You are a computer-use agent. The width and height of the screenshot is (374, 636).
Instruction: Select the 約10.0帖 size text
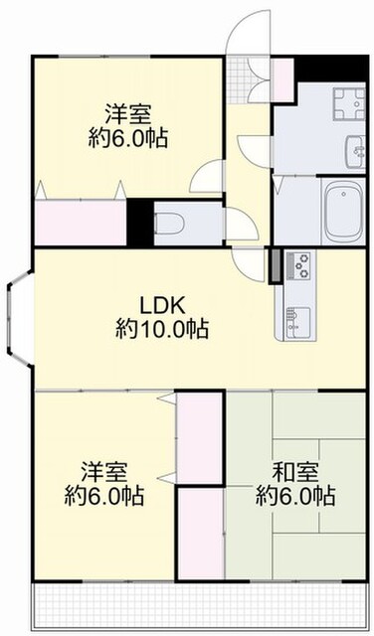(162, 328)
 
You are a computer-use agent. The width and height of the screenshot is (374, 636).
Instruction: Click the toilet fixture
(170, 223)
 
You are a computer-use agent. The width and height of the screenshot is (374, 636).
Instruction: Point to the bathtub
(343, 211)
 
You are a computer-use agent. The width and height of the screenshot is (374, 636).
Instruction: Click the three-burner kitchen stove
(298, 265)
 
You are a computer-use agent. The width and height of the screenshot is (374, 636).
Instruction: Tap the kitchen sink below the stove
(298, 322)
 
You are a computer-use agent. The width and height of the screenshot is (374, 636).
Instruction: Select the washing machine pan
(349, 103)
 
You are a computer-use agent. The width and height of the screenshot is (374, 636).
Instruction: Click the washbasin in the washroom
(355, 151)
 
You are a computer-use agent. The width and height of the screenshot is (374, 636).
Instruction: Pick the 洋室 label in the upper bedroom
(128, 114)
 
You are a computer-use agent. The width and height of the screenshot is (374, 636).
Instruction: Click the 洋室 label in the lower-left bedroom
(104, 471)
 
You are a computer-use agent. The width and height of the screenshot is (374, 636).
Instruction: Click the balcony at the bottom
(199, 606)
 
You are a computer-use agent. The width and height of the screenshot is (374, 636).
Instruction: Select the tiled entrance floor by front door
(237, 79)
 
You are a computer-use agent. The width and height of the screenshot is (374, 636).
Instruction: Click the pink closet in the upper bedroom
(81, 222)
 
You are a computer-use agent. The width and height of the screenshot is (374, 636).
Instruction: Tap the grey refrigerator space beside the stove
(277, 266)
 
